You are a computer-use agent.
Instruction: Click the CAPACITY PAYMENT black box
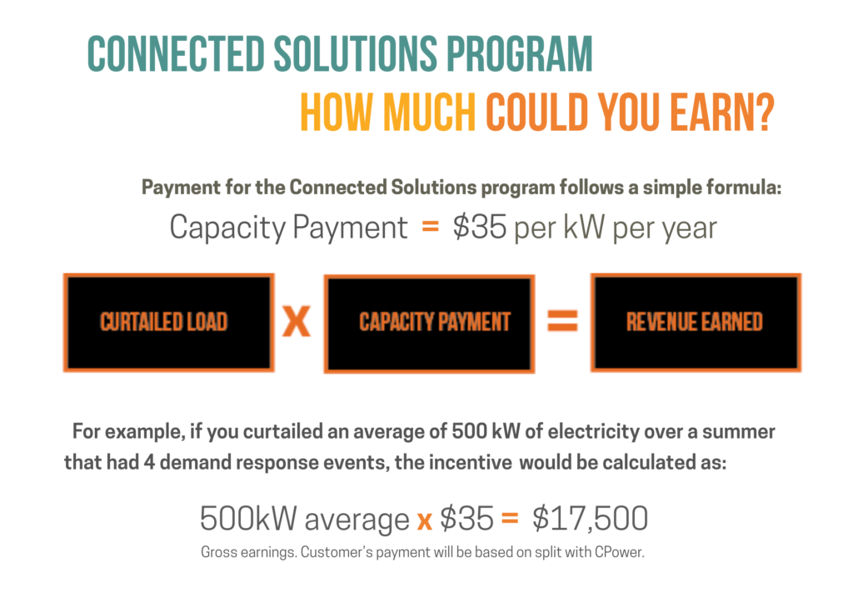click(x=428, y=323)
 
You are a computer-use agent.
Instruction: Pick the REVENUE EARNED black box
click(x=695, y=322)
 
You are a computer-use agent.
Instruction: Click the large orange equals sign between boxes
click(x=561, y=322)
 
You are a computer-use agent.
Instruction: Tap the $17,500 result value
click(x=590, y=519)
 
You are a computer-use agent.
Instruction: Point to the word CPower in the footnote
click(x=621, y=552)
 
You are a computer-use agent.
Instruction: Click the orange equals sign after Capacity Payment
click(x=430, y=227)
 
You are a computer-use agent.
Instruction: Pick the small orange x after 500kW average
click(x=424, y=520)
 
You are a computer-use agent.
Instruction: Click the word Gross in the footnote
click(x=219, y=552)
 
